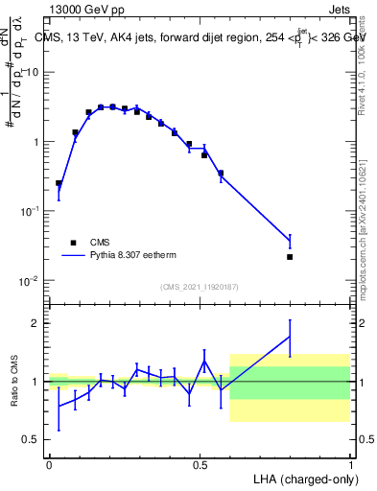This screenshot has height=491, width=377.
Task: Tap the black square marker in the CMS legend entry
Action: pos(73,243)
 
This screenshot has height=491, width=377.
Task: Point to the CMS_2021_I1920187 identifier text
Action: pos(200,287)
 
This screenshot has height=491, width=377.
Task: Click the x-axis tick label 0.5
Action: pos(199,464)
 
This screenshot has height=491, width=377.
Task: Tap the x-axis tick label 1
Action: pos(350,464)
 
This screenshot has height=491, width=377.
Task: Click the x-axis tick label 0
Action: pos(49,464)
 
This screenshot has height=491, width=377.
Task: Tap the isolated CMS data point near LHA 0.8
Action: pos(290,257)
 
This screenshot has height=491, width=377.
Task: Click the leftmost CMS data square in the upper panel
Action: pos(59,183)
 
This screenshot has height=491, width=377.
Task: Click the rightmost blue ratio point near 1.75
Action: pos(290,336)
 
